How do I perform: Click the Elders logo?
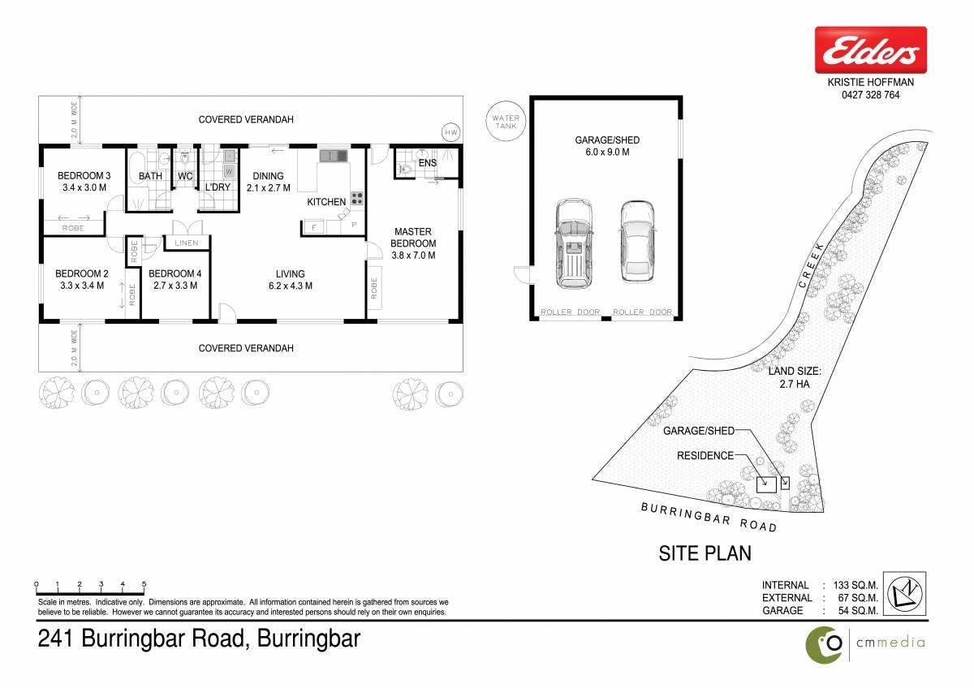[871, 50]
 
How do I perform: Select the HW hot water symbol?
[451, 132]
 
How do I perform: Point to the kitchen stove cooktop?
[357, 198]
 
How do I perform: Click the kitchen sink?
[334, 156]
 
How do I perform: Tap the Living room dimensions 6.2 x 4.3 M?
[291, 286]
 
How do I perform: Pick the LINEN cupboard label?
[187, 243]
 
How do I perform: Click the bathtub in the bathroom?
[136, 168]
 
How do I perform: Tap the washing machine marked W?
[229, 171]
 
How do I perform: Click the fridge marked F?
[314, 227]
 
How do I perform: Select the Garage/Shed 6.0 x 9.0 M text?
[607, 146]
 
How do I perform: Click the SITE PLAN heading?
[705, 553]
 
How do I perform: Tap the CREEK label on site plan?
[812, 265]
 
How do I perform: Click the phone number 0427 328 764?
[870, 95]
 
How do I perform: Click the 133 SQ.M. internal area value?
[855, 586]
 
